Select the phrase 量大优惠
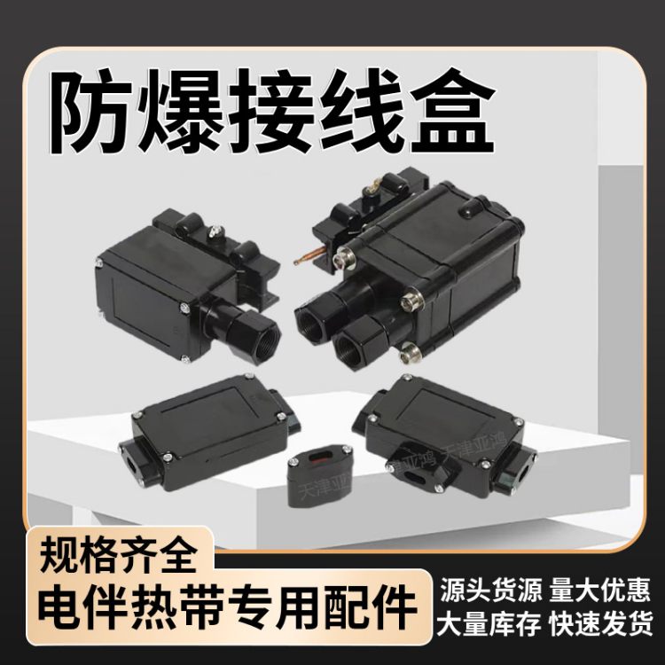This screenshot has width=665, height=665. pos(604,589)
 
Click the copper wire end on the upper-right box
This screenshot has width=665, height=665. pos(299,262)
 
